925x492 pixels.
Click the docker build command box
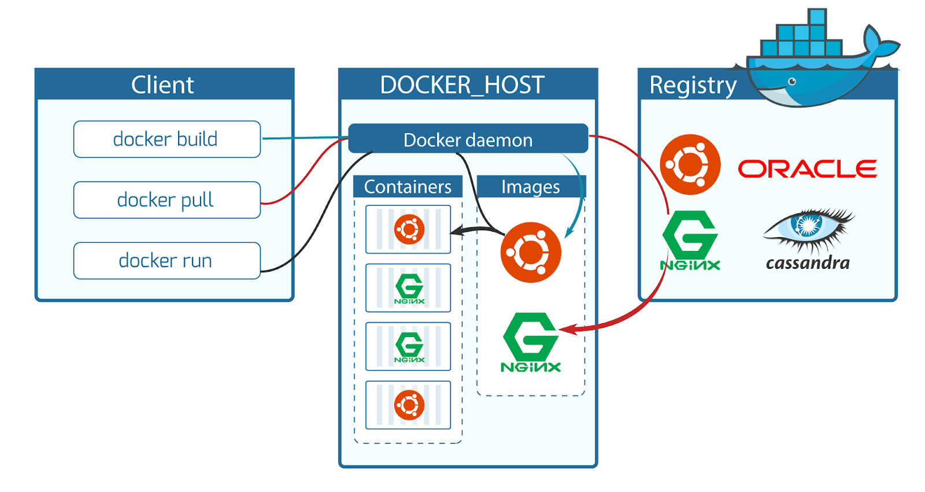pyautogui.click(x=166, y=139)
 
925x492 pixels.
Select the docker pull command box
pyautogui.click(x=166, y=200)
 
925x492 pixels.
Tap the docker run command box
pyautogui.click(x=166, y=261)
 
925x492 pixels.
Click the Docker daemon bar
pyautogui.click(x=468, y=139)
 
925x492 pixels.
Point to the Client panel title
pyautogui.click(x=162, y=85)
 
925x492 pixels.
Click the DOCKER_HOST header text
pyautogui.click(x=462, y=85)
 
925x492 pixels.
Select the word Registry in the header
pyautogui.click(x=693, y=85)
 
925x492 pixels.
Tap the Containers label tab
pyautogui.click(x=408, y=187)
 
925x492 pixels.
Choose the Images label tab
pyautogui.click(x=531, y=187)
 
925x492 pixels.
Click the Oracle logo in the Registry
pyautogui.click(x=807, y=169)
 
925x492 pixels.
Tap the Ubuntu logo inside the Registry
pyautogui.click(x=690, y=164)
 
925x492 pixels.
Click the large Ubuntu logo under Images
pyautogui.click(x=531, y=252)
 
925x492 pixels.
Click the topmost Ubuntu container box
pyautogui.click(x=408, y=230)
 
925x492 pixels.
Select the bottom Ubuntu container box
pyautogui.click(x=408, y=405)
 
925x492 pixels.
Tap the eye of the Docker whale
pyautogui.click(x=792, y=82)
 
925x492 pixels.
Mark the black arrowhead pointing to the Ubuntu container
pyautogui.click(x=456, y=231)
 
